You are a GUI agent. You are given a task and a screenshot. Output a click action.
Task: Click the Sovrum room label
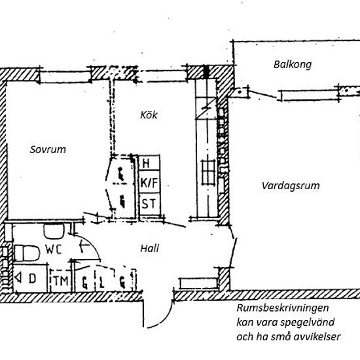tap(48, 149)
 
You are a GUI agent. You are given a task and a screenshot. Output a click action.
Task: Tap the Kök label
tap(149, 115)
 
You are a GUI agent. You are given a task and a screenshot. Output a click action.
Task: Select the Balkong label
tap(293, 65)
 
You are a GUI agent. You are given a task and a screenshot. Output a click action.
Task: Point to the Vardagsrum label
tap(291, 186)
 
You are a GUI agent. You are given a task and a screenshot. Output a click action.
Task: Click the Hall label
tap(149, 249)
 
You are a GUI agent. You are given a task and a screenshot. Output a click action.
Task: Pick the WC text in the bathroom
tap(53, 249)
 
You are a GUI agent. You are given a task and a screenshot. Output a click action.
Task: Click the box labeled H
tap(149, 163)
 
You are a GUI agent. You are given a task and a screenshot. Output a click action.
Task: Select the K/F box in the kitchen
tap(149, 182)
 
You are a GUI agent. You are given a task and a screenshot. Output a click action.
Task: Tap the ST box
tap(149, 204)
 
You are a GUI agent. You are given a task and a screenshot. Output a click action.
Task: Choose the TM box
tap(61, 281)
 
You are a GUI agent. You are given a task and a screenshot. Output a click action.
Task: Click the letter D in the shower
tap(32, 278)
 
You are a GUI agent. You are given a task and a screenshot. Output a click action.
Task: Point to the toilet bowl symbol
tap(27, 253)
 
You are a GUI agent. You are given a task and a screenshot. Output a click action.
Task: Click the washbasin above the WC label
tap(54, 232)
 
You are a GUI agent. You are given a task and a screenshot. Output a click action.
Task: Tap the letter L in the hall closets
tap(101, 282)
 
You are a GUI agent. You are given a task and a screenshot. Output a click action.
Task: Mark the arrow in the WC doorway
tap(84, 245)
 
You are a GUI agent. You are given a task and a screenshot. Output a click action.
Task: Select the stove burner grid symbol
tap(208, 172)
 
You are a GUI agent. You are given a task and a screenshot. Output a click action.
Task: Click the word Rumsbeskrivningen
tap(283, 308)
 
